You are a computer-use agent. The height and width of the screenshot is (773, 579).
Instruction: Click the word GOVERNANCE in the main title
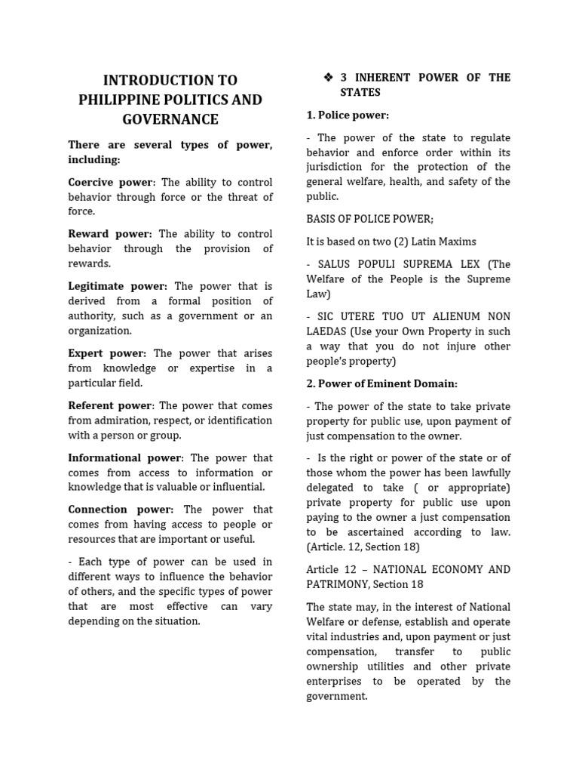click(170, 119)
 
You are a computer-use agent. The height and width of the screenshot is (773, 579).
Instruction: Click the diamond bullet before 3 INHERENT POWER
click(327, 78)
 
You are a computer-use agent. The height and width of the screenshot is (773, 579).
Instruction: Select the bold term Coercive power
click(110, 183)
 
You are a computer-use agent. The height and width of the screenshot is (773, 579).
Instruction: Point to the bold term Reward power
click(109, 234)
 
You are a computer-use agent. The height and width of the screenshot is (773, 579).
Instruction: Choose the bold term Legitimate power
click(118, 286)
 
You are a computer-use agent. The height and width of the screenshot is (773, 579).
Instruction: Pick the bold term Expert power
click(108, 353)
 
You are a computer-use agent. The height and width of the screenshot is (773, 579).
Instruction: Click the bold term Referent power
click(111, 405)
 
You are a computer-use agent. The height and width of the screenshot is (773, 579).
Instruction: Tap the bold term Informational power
click(124, 457)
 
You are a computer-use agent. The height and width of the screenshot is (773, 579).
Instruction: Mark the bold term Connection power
click(121, 510)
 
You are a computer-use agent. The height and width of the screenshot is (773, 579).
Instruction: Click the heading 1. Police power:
click(348, 115)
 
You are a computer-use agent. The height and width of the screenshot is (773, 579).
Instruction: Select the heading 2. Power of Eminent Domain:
click(381, 383)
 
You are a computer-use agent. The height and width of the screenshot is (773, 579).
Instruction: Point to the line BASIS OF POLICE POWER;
click(369, 219)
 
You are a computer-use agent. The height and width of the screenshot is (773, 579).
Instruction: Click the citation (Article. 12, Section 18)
click(363, 547)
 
